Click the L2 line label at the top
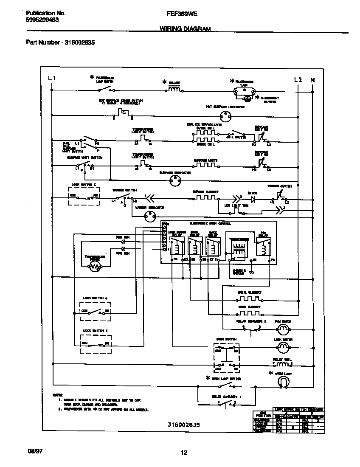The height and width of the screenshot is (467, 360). click(298, 80)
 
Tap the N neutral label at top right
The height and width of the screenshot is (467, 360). click(313, 80)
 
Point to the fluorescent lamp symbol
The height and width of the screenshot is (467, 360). click(244, 90)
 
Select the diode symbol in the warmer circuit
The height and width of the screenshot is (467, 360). click(253, 198)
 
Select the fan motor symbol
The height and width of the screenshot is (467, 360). click(282, 329)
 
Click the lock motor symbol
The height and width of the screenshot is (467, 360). click(282, 348)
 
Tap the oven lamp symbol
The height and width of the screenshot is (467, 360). click(282, 383)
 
